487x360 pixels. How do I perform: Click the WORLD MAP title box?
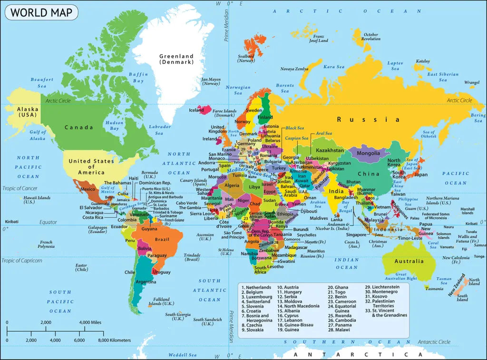coord(41,12)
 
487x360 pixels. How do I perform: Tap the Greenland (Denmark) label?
coord(176,59)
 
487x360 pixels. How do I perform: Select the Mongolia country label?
coord(368,153)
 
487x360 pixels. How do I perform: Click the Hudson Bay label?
coord(114,126)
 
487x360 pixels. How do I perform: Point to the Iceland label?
coord(196,110)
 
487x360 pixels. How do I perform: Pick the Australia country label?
coord(409,261)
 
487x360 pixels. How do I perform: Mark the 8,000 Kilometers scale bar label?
coord(114,341)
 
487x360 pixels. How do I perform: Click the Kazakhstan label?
coord(330,150)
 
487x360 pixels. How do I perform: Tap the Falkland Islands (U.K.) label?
coord(161,301)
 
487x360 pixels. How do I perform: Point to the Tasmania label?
coord(434,289)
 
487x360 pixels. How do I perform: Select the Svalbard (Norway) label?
coord(246,58)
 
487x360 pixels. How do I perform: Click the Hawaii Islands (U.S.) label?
coord(37,200)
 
